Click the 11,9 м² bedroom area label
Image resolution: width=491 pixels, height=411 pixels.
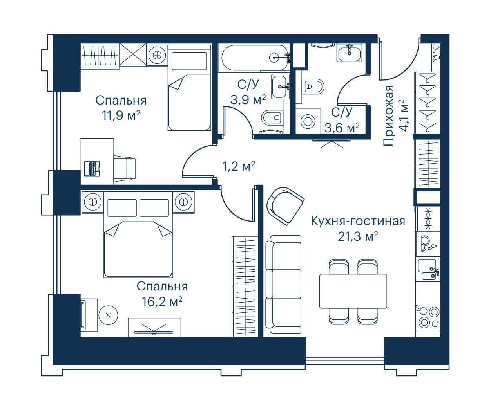click(x=121, y=115)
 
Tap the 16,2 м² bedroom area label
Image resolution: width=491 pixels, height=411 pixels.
click(x=162, y=301)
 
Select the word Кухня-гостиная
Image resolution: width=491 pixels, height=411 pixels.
click(x=358, y=221)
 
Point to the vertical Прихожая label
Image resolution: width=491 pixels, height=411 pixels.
click(x=388, y=115)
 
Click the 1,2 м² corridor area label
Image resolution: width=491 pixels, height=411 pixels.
click(x=239, y=166)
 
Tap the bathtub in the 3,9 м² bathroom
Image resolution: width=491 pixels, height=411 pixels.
click(x=254, y=58)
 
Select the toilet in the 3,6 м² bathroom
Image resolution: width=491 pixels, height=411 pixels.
click(x=313, y=87)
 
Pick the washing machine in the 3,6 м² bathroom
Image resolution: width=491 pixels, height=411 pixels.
click(x=308, y=121)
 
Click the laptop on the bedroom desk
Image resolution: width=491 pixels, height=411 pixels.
click(x=92, y=168)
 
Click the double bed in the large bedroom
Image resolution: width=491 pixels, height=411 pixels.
click(x=138, y=234)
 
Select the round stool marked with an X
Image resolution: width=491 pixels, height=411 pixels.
click(x=108, y=315)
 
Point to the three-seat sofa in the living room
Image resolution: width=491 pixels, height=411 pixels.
click(x=283, y=285)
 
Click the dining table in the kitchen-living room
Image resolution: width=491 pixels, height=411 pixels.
click(x=353, y=291)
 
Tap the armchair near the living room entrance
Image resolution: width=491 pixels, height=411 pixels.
click(x=286, y=206)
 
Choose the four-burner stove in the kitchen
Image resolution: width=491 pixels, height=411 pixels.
click(x=428, y=317)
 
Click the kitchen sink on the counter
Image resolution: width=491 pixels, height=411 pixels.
click(x=428, y=269)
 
